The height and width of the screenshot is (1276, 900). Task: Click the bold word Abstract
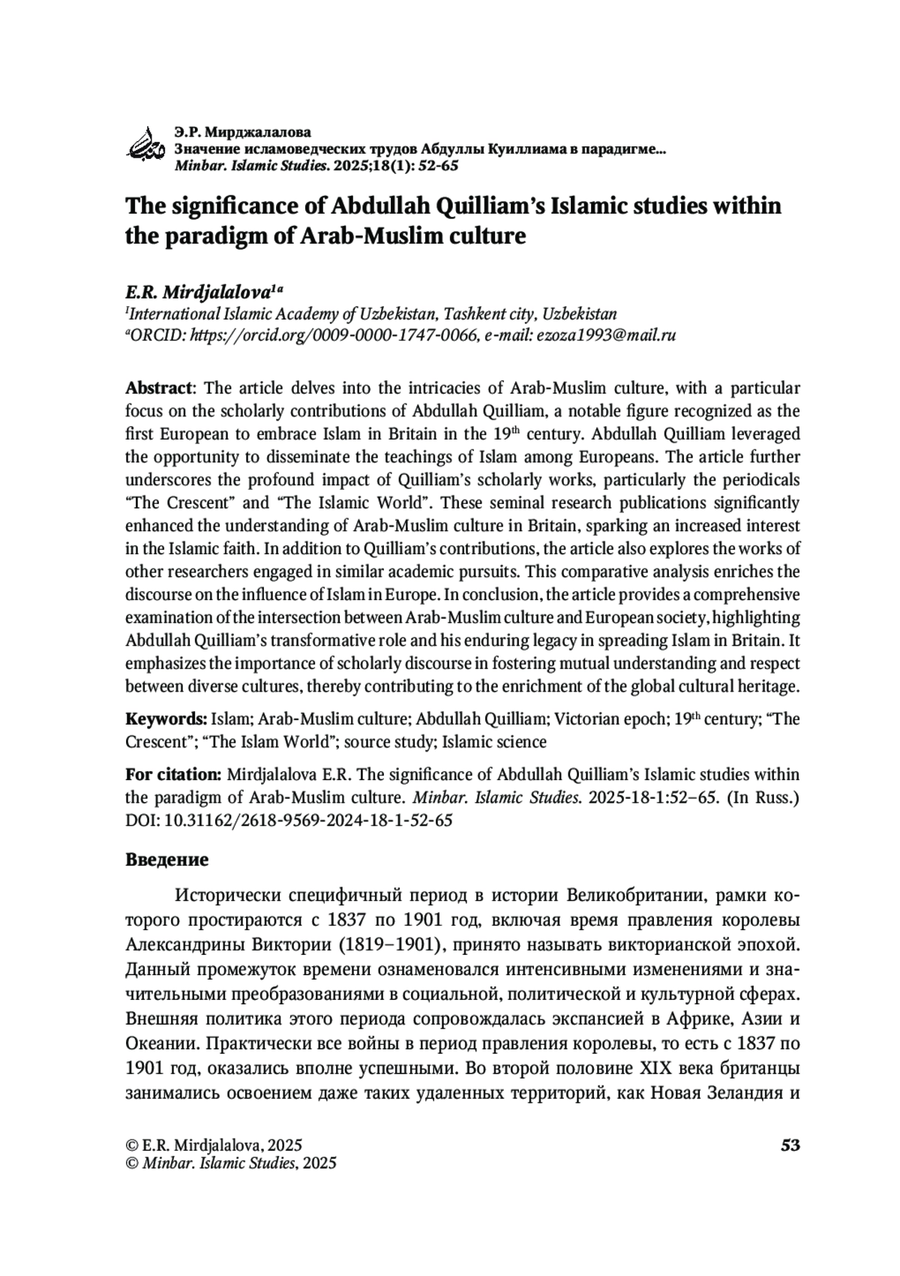tap(159, 389)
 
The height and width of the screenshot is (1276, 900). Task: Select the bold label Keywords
tap(166, 719)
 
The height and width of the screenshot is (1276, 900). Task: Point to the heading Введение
tap(166, 860)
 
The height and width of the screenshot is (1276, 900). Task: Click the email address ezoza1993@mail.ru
tap(605, 335)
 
